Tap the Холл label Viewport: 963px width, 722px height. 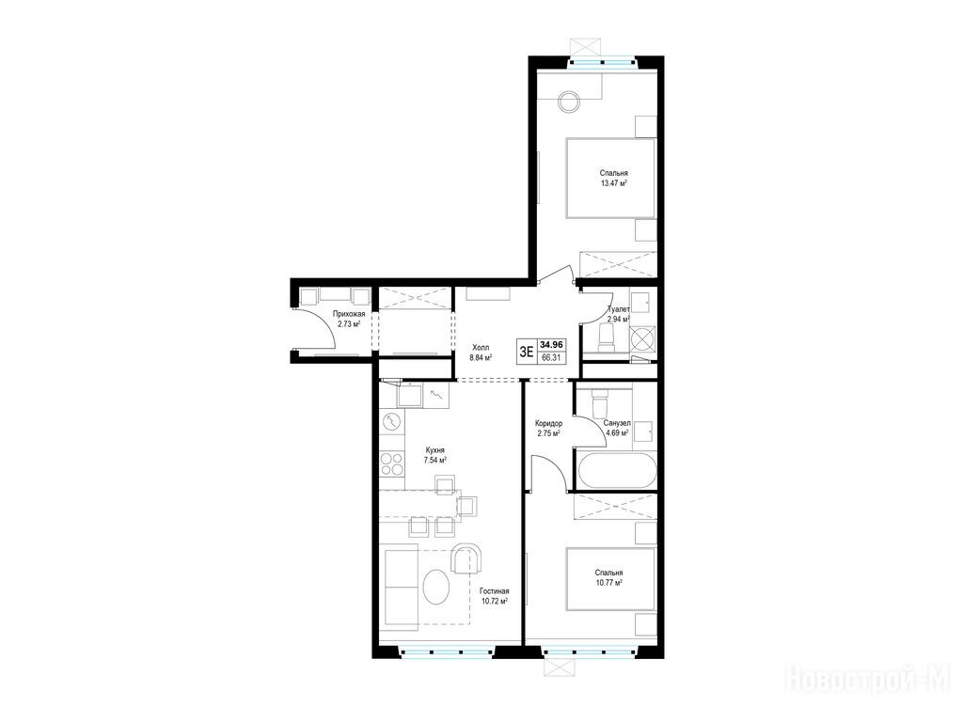point(481,347)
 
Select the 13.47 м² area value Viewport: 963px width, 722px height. point(613,183)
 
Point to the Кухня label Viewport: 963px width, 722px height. point(434,449)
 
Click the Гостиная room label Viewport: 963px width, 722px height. point(495,591)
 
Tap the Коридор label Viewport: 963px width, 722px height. point(548,423)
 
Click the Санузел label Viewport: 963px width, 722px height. point(617,423)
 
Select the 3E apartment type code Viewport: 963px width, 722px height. point(527,352)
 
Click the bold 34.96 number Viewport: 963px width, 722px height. point(551,345)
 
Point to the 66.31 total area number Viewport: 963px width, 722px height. point(551,358)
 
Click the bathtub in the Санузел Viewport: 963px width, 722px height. point(616,471)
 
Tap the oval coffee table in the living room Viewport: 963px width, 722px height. point(436,587)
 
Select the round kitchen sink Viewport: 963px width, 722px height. point(391,422)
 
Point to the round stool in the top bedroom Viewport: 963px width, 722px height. point(569,102)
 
